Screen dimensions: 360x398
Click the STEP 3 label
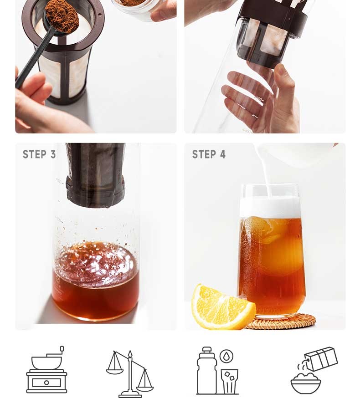click(39, 154)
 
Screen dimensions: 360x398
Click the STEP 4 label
click(209, 154)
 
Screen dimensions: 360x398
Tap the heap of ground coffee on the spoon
click(62, 16)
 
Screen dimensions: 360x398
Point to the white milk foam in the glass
click(271, 207)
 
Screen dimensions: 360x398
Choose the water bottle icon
click(207, 370)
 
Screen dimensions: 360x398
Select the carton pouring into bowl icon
click(314, 370)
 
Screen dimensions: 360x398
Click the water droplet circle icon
click(226, 357)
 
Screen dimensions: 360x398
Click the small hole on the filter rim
click(100, 15)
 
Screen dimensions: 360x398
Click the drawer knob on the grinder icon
click(46, 383)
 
